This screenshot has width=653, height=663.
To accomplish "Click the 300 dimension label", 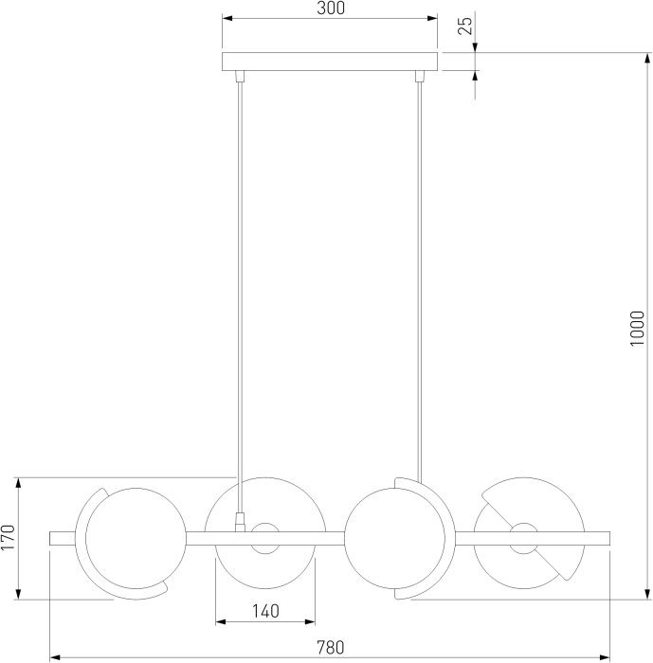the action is [x=331, y=8].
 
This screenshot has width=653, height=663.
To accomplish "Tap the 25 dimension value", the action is [x=464, y=27].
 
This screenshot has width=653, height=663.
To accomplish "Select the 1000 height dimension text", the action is [x=637, y=329].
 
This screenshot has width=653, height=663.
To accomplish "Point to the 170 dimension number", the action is [x=8, y=537].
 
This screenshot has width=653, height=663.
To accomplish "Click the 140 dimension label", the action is [x=265, y=611].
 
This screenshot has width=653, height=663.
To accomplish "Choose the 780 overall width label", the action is [x=331, y=647].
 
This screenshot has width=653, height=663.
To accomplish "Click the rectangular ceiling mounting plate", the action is [x=330, y=62].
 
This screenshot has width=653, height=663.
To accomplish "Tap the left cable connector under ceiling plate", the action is [x=240, y=76].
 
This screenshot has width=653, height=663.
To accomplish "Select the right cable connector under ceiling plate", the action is [x=420, y=76].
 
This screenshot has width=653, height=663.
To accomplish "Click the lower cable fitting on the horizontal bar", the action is [x=240, y=522].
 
